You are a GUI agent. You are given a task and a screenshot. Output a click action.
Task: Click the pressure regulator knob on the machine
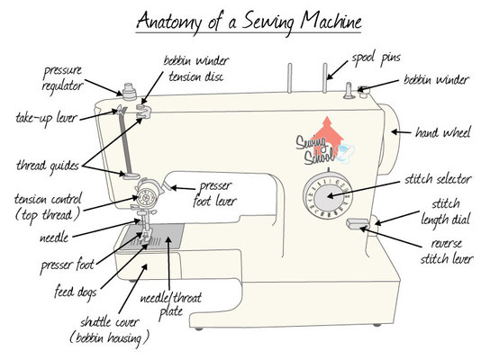click(129, 92)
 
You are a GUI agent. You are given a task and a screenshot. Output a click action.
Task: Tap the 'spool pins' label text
click(376, 58)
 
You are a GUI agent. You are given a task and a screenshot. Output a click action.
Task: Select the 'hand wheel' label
click(443, 132)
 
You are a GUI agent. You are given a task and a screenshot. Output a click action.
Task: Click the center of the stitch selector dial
click(328, 196)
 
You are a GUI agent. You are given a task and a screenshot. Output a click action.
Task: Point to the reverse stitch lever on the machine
click(358, 223)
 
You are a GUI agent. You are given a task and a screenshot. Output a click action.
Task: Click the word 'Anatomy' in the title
click(169, 22)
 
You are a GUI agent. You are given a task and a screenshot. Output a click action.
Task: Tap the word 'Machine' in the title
click(331, 20)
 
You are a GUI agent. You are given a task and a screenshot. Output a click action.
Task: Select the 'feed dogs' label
click(76, 292)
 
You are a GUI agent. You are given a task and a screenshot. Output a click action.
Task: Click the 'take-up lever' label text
click(46, 118)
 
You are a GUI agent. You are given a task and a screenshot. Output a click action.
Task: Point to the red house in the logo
click(327, 136)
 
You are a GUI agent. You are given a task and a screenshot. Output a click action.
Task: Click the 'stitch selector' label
click(438, 179)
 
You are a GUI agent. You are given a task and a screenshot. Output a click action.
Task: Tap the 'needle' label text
click(54, 238)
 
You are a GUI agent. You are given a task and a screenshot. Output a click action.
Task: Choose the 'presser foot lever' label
click(214, 193)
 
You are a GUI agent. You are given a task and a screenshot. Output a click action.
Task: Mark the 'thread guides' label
click(48, 166)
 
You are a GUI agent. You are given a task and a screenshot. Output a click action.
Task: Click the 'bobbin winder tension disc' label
click(196, 68)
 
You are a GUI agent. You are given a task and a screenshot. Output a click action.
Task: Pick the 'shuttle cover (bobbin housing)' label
click(109, 330)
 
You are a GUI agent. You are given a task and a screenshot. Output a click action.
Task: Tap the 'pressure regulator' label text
click(62, 78)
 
